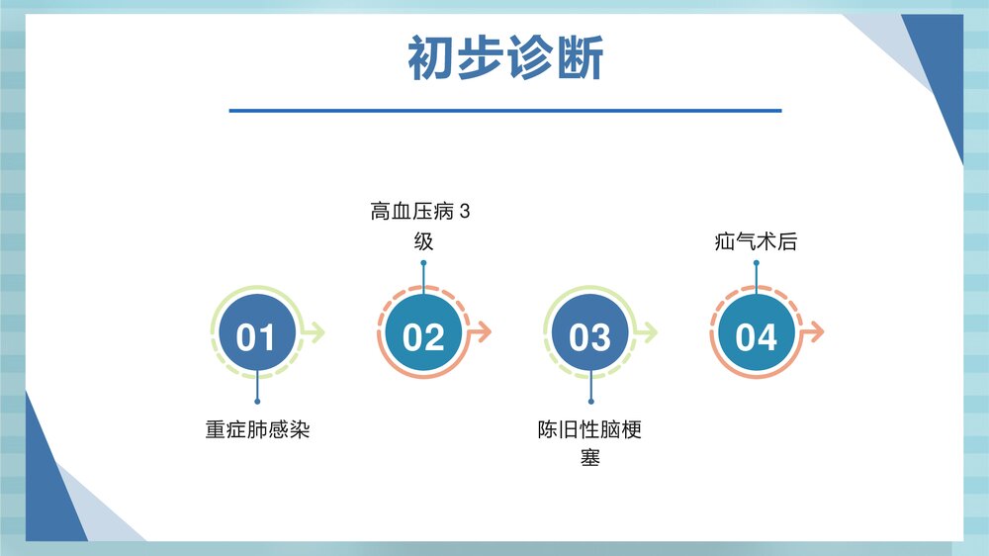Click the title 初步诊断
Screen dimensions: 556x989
tap(505, 59)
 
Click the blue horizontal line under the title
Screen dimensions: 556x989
tap(505, 111)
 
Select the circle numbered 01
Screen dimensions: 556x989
tap(256, 336)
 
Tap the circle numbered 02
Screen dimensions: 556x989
tap(423, 336)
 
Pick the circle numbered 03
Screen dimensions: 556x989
tap(590, 336)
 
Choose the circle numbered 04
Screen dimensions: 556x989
tap(757, 336)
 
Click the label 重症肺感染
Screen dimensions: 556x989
tap(257, 430)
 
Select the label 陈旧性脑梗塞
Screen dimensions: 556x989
tap(590, 444)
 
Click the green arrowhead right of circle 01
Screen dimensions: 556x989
tap(317, 332)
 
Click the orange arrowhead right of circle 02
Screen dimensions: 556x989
tap(485, 332)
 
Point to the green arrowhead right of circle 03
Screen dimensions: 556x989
tap(651, 332)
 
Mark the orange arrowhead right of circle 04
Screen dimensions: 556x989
tap(817, 332)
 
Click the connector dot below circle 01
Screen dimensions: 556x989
tap(257, 402)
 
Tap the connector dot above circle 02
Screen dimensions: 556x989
tap(423, 263)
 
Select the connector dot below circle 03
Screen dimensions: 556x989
tap(590, 402)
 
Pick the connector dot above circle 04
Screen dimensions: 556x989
tap(756, 263)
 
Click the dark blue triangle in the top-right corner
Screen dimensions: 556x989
tap(940, 69)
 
